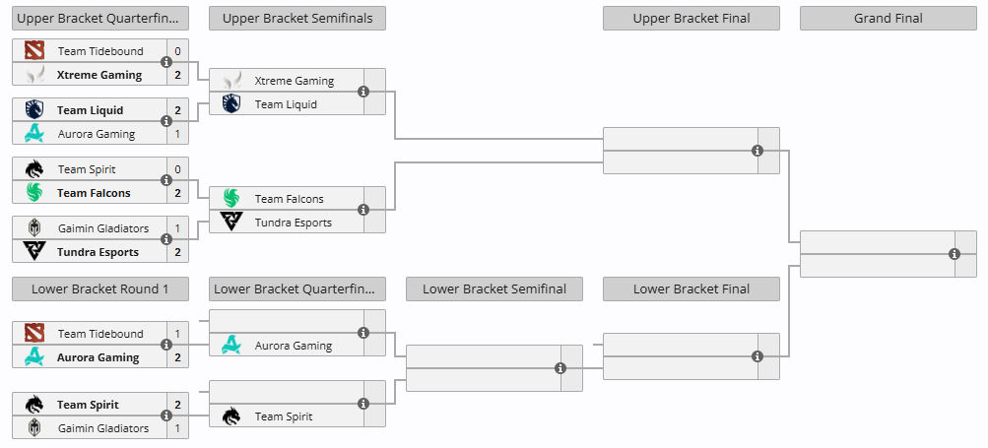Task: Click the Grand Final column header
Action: point(888,19)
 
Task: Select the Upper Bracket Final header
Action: point(692,19)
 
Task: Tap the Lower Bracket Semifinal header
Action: point(494,289)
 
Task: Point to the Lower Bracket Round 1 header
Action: point(100,289)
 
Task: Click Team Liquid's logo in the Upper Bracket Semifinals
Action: point(231,104)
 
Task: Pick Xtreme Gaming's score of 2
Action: point(177,75)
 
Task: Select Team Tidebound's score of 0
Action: point(177,51)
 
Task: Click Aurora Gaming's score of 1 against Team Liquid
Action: point(177,134)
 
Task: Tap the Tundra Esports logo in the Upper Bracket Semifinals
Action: point(231,222)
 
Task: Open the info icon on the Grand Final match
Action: point(955,254)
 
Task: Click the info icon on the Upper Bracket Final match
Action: point(757,151)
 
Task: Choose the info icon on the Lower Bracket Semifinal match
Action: point(560,368)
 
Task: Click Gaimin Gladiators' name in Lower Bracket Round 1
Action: point(103,428)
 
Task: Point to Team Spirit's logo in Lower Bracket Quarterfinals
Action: point(231,416)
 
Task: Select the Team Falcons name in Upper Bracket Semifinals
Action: point(290,199)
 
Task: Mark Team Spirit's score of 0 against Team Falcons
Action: point(177,169)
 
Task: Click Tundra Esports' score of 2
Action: point(177,252)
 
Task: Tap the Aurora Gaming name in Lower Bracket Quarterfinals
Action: point(293,346)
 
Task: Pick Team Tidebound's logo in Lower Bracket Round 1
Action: point(34,334)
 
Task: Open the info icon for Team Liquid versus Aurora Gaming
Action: point(166,121)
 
